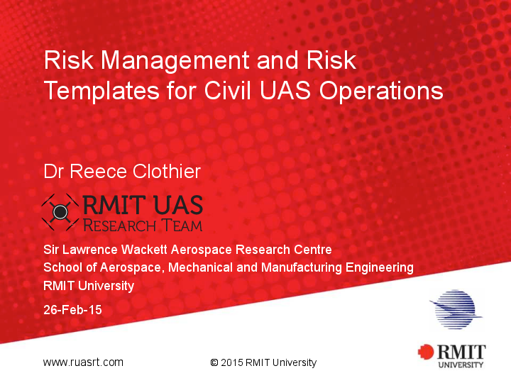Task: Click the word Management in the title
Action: (177, 60)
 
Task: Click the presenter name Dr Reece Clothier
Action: (122, 171)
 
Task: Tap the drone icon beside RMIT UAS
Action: (60, 211)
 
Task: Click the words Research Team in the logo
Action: (142, 226)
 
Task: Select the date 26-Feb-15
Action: (72, 310)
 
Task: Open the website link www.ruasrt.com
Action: (83, 362)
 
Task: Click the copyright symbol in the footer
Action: (214, 363)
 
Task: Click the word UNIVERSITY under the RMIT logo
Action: (461, 365)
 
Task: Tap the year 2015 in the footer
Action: (232, 363)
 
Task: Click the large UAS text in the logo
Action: (175, 206)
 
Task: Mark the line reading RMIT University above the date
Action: (89, 286)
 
